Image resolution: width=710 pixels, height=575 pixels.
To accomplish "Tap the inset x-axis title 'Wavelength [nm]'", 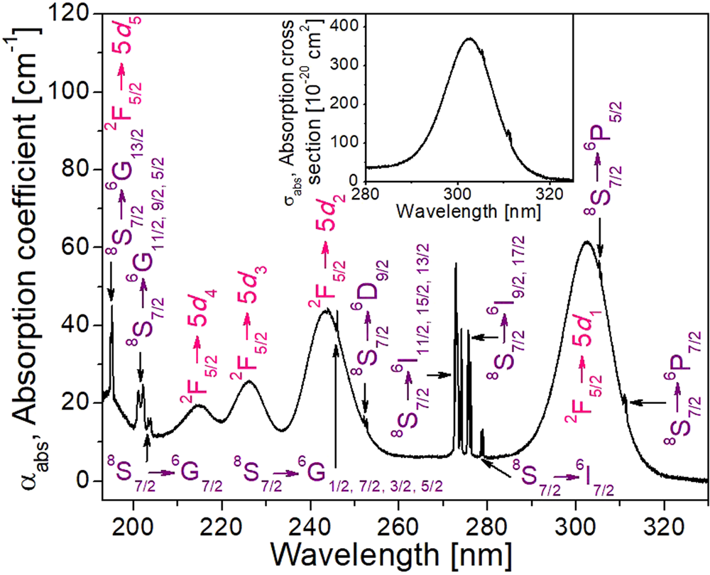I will pyautogui.click(x=469, y=212).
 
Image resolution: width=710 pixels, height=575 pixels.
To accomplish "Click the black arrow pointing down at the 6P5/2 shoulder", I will pyautogui.click(x=601, y=241).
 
